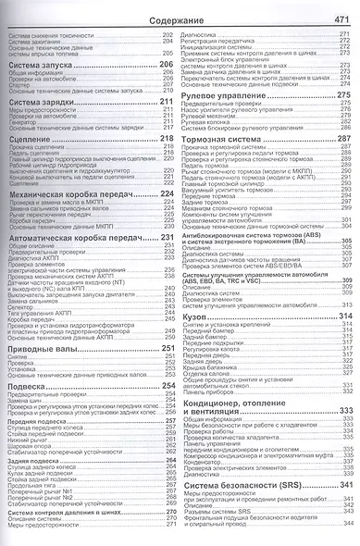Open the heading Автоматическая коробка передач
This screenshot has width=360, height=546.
tap(72, 238)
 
